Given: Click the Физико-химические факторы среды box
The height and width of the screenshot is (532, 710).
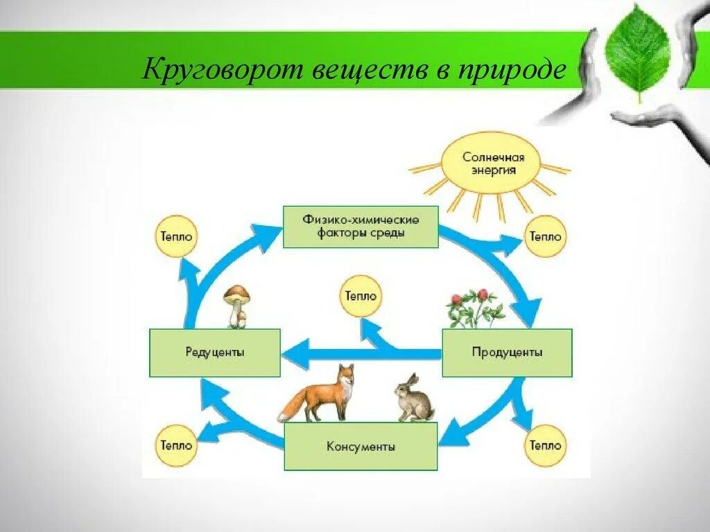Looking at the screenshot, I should pos(361,227).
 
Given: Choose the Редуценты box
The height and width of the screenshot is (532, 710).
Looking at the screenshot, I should pos(215,353).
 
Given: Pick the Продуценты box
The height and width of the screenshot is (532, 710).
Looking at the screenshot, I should pos(507,353).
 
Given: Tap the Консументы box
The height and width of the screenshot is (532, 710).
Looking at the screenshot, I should pos(361,447).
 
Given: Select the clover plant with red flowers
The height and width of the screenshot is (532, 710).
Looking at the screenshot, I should pos(475,308).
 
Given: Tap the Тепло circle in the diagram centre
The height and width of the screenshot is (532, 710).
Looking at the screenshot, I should pos(360,296).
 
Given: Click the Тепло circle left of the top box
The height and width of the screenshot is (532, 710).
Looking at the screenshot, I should pos(175,236).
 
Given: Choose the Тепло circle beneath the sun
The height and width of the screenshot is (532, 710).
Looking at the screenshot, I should pos(545,236).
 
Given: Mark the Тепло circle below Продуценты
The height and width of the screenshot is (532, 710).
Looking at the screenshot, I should pos(545,445).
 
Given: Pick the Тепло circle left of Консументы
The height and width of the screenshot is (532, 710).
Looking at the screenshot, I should pos(175,445).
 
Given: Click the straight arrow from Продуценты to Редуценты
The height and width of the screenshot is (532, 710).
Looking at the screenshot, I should pos(361,355).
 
